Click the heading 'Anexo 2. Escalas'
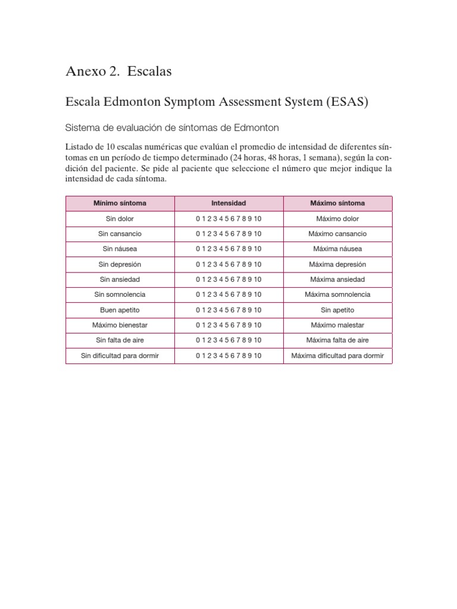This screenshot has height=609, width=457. [118, 71]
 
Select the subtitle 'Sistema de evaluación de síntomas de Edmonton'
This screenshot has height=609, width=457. [172, 128]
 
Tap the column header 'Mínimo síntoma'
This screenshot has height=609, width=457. [120, 203]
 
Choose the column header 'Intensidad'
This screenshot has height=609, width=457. [228, 203]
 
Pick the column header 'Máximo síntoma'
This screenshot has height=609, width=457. [337, 203]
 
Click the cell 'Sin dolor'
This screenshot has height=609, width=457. [120, 219]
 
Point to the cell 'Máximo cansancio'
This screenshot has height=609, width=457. [337, 234]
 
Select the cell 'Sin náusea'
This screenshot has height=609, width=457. [120, 249]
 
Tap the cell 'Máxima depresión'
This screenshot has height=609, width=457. [337, 264]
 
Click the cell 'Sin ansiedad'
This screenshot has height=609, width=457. [120, 280]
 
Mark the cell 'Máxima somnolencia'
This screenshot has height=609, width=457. [337, 294]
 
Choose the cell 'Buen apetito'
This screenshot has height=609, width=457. [120, 310]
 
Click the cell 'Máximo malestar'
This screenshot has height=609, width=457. [337, 325]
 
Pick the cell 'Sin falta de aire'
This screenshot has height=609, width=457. [120, 340]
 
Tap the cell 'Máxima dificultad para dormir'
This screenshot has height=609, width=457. [337, 356]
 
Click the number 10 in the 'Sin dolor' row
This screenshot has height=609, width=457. [258, 219]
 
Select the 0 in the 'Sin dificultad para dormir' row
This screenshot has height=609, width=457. [198, 356]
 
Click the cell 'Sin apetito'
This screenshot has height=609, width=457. [337, 310]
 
